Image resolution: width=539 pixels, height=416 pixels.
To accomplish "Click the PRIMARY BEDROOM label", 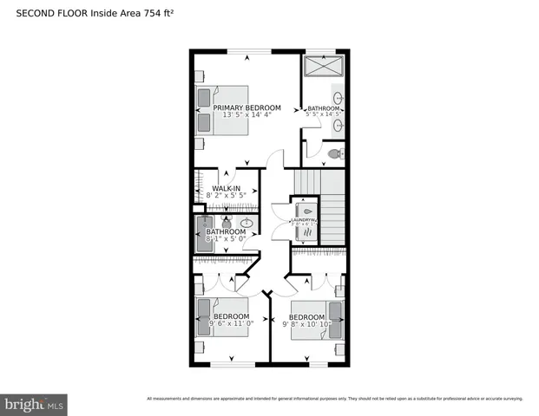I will (247, 107).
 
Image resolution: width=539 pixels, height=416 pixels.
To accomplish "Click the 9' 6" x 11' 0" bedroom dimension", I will (232, 324).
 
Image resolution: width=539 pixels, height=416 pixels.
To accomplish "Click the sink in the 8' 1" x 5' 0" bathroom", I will (246, 223).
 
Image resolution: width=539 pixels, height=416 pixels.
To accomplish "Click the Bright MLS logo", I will (35, 404).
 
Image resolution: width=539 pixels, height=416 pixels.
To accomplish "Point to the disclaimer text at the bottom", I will (334, 399).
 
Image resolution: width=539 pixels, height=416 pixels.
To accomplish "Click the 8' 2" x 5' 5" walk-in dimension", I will (227, 196).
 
